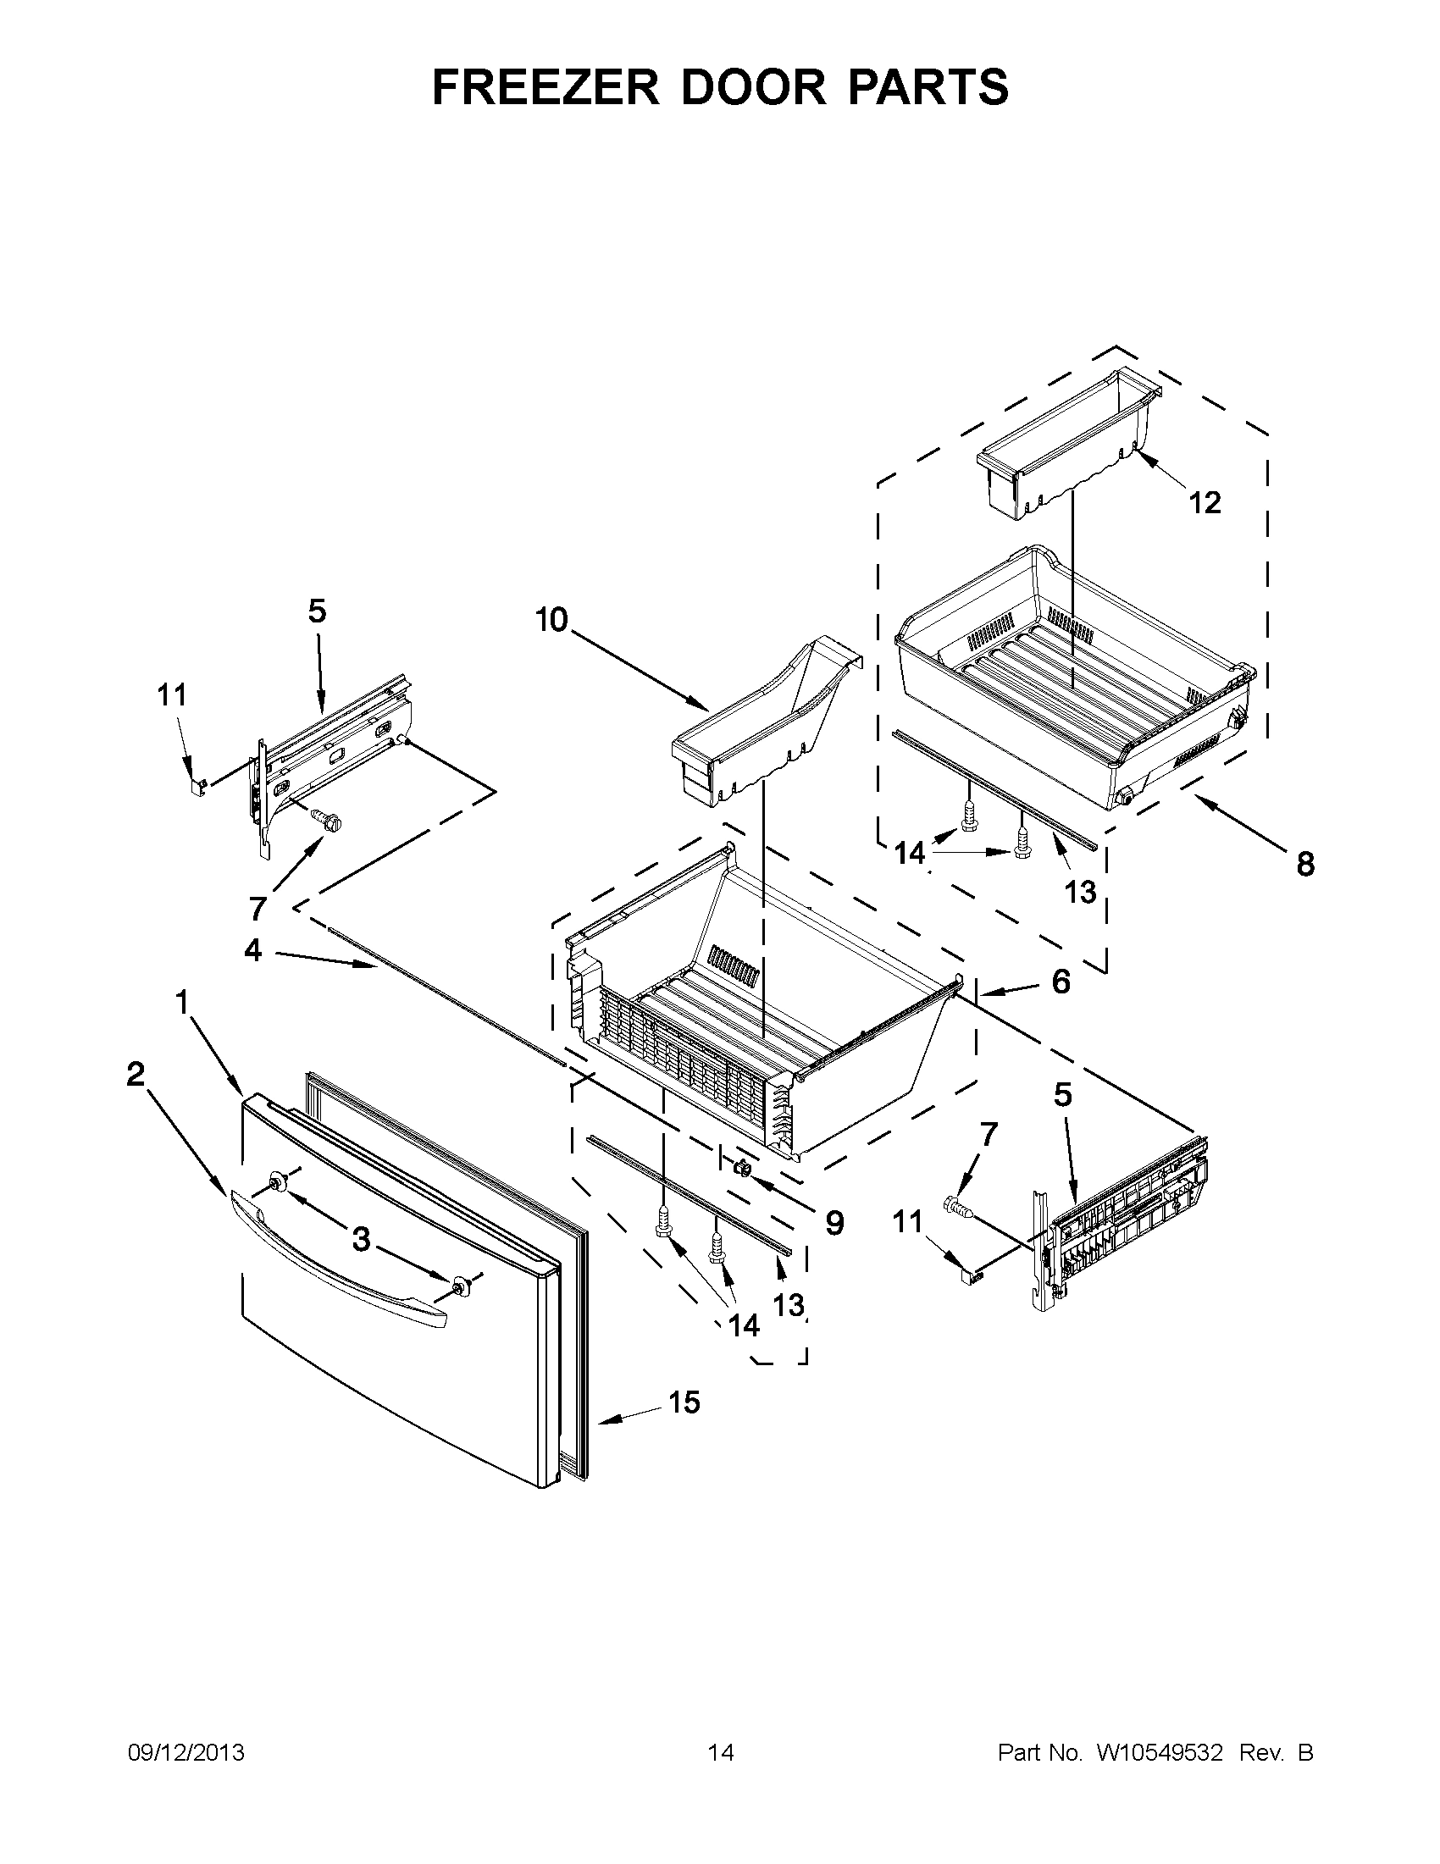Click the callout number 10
coord(551,621)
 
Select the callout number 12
coord(1205,504)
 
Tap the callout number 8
coord(1305,865)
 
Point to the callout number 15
coord(684,1402)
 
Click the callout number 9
coord(834,1224)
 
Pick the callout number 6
coord(1061,982)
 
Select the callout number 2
coord(136,1075)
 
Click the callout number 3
coord(362,1239)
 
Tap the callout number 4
coord(253,950)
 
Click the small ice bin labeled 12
coord(1067,435)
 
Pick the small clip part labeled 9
coord(741,1166)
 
